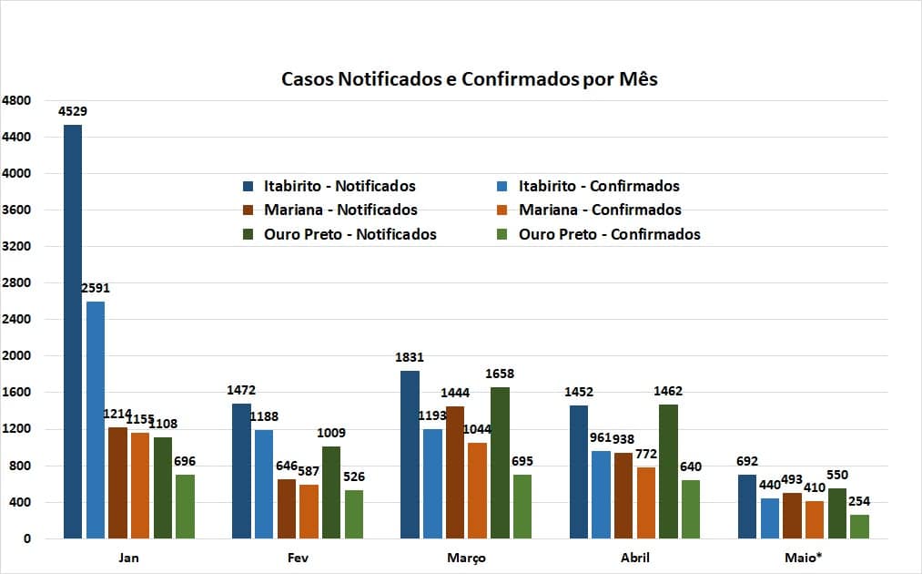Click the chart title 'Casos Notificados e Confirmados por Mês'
[x=469, y=79]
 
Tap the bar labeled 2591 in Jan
[x=96, y=420]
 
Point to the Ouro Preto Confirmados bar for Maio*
[x=859, y=527]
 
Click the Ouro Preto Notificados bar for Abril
[x=669, y=471]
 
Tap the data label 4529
[x=73, y=111]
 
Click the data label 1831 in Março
[x=410, y=357]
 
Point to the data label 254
[x=859, y=501]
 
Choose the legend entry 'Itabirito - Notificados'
[x=339, y=186]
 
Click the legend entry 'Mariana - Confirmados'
[x=600, y=210]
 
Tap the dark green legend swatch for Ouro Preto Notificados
[x=248, y=234]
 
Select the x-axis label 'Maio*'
[x=804, y=557]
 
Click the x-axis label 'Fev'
[x=298, y=557]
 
